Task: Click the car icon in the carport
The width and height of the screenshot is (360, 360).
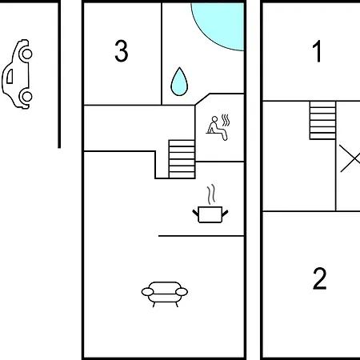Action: (17, 74)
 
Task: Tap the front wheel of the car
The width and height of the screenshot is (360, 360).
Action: (26, 54)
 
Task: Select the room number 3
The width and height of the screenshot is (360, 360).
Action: (122, 51)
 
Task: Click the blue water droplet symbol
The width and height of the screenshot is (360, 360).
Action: (179, 82)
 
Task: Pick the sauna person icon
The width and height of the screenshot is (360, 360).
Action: (218, 128)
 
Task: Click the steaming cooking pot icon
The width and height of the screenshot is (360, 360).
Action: (210, 204)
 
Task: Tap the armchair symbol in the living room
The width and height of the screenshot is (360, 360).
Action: (165, 294)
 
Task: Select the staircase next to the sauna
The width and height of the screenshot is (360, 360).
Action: (182, 159)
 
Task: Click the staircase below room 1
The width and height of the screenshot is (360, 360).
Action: (322, 120)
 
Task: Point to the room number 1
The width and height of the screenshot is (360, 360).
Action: (317, 51)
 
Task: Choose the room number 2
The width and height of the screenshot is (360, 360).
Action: (319, 278)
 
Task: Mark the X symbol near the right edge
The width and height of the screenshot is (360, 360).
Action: (350, 158)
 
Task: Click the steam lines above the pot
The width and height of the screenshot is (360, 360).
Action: (211, 194)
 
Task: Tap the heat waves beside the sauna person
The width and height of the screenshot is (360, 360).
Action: (226, 121)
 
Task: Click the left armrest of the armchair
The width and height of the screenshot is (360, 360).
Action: (147, 292)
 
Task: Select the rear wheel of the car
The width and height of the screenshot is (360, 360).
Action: (26, 97)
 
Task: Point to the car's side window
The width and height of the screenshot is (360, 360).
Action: (10, 76)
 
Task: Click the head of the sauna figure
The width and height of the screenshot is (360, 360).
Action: (214, 119)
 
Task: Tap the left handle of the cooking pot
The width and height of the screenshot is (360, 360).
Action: (195, 213)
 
